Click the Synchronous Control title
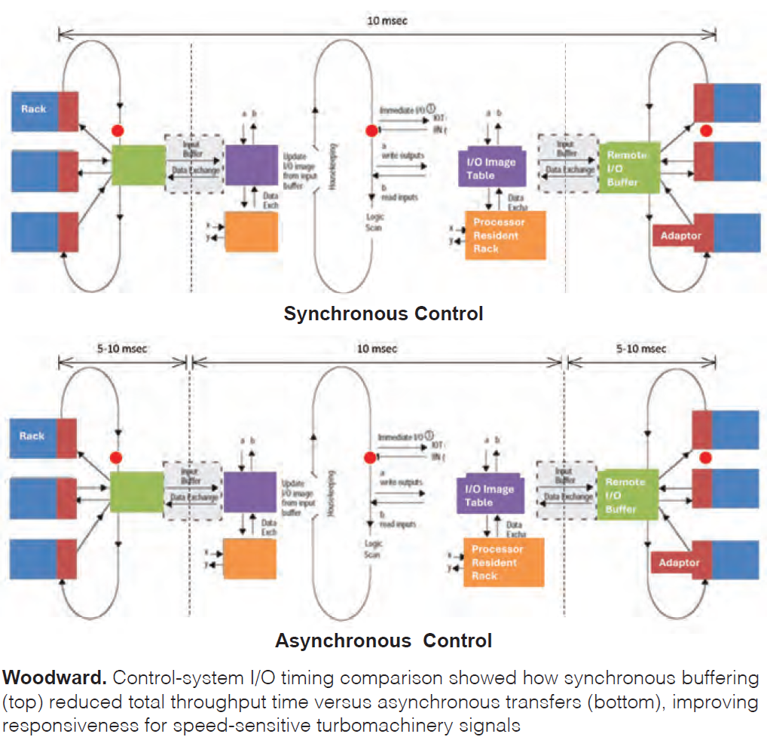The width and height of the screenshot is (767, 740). tap(383, 313)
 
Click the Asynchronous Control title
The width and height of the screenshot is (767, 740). tap(383, 641)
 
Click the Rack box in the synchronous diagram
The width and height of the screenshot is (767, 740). tap(34, 109)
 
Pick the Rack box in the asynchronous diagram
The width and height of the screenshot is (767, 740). tap(33, 436)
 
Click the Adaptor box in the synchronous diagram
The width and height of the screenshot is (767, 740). tap(680, 236)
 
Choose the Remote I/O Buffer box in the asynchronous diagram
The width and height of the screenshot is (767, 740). tap(628, 495)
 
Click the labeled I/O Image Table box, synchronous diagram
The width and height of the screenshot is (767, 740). tap(491, 168)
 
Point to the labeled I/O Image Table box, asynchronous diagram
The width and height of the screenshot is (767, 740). tap(490, 495)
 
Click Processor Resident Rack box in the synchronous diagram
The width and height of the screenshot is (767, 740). tap(505, 235)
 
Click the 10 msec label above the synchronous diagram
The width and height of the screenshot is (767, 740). tap(387, 21)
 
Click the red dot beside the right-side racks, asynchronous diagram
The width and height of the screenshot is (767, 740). tap(705, 457)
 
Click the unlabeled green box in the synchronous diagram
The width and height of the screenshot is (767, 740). tap(138, 165)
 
